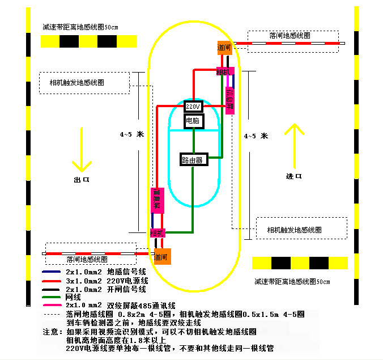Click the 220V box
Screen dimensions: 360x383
click(x=193, y=106)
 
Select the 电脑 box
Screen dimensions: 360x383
click(x=193, y=121)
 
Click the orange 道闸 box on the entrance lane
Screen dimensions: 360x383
click(x=224, y=48)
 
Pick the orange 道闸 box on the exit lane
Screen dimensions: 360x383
click(x=162, y=256)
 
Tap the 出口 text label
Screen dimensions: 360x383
click(x=82, y=179)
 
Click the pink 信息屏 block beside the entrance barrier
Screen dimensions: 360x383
click(x=230, y=99)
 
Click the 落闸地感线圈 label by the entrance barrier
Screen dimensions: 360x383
click(x=290, y=35)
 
